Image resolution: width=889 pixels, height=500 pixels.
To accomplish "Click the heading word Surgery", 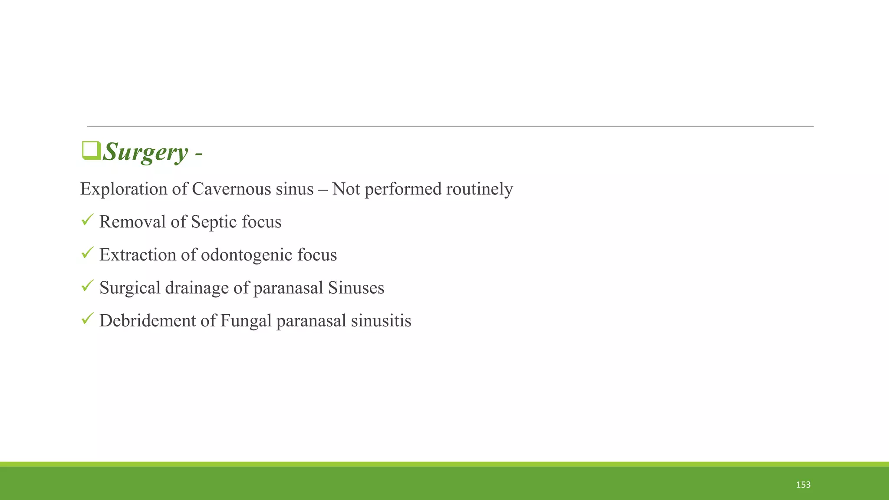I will pyautogui.click(x=145, y=152).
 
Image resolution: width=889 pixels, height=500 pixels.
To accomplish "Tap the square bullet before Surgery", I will pyautogui.click(x=91, y=151).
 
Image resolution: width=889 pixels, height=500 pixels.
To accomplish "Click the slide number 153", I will pyautogui.click(x=803, y=485).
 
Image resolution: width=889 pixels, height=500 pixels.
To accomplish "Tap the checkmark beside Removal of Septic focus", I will pyautogui.click(x=87, y=220).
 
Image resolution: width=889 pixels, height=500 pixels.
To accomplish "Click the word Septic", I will pyautogui.click(x=214, y=222).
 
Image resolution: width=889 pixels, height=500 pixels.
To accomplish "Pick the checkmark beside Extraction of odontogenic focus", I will pyautogui.click(x=87, y=253).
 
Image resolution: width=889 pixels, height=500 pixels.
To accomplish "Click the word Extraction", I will pyautogui.click(x=138, y=255).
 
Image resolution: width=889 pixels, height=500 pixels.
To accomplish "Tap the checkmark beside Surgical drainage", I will pyautogui.click(x=87, y=286).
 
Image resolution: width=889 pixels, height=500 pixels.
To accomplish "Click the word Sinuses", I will pyautogui.click(x=356, y=288).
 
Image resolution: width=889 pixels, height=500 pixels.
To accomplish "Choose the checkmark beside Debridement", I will pyautogui.click(x=87, y=319).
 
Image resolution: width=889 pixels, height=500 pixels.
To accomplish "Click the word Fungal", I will pyautogui.click(x=246, y=321).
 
